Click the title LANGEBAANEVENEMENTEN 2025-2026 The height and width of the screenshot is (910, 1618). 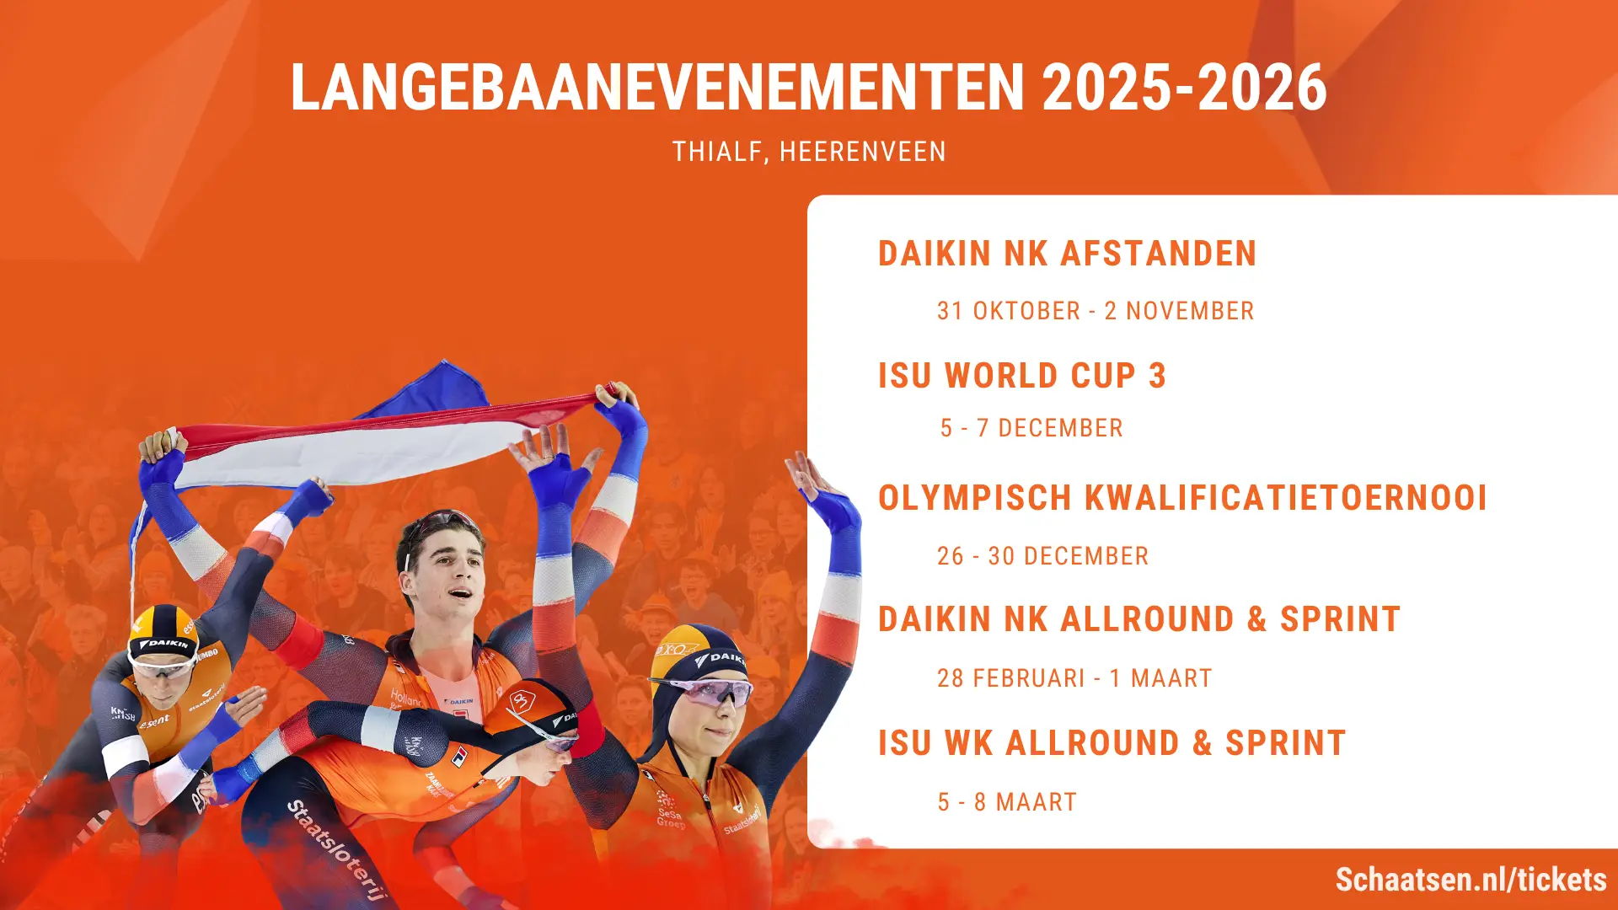pyautogui.click(x=808, y=88)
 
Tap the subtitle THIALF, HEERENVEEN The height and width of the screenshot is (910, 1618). pyautogui.click(x=809, y=152)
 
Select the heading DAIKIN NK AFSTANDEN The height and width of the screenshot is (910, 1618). pyautogui.click(x=1067, y=254)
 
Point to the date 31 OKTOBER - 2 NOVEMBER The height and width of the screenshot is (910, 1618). pyautogui.click(x=1096, y=311)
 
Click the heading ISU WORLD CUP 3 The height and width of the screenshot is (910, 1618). pyautogui.click(x=1021, y=376)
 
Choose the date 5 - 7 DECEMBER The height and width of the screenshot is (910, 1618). pyautogui.click(x=1031, y=428)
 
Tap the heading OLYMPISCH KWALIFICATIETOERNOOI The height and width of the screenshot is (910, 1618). pyautogui.click(x=1182, y=498)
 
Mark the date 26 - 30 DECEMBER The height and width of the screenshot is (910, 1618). pyautogui.click(x=1042, y=556)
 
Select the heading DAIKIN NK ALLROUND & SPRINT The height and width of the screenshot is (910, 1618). pyautogui.click(x=1138, y=619)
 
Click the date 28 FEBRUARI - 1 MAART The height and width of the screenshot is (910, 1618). pyautogui.click(x=1074, y=678)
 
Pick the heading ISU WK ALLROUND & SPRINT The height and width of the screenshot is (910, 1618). pyautogui.click(x=1112, y=743)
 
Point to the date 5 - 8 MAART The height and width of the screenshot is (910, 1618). pyautogui.click(x=1007, y=802)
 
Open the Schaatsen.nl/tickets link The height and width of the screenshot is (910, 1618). pyautogui.click(x=1471, y=880)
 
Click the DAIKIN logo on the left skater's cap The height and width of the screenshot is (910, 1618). pyautogui.click(x=165, y=645)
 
